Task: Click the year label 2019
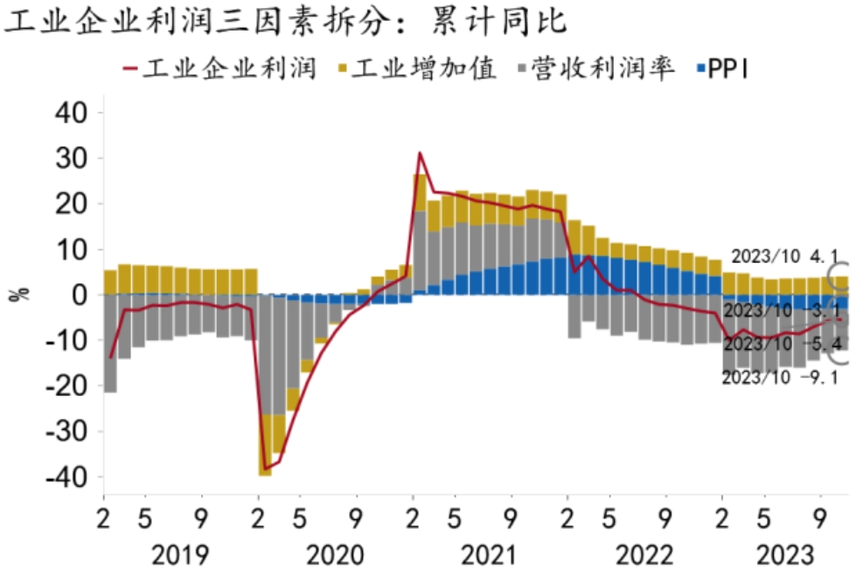(x=179, y=554)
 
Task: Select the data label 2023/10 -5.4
(x=773, y=343)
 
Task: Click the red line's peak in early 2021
(x=420, y=153)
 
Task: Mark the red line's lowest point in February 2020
(x=265, y=468)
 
